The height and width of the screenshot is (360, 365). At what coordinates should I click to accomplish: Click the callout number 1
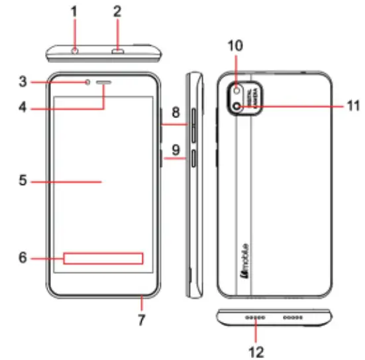click(x=74, y=11)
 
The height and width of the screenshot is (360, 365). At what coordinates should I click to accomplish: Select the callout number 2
click(x=117, y=11)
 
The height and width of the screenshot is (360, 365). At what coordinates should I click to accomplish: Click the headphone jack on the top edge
click(x=75, y=50)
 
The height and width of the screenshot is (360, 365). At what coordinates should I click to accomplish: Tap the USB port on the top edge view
click(x=117, y=50)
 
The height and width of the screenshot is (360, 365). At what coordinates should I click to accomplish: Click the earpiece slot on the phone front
click(x=105, y=84)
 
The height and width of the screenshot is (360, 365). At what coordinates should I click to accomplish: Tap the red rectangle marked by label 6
click(x=103, y=258)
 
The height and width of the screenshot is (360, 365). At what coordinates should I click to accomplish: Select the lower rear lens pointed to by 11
click(x=237, y=106)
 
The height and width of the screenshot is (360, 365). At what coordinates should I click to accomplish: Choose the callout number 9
click(x=175, y=150)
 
